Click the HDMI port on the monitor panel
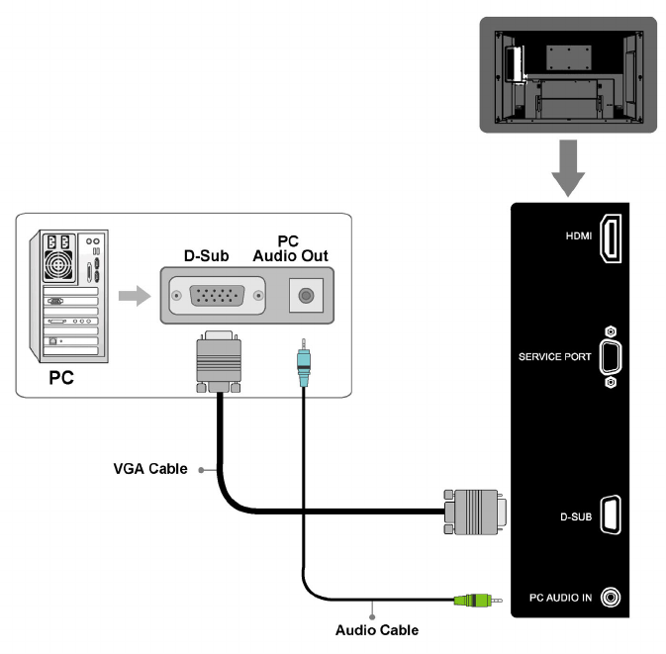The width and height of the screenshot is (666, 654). (x=612, y=239)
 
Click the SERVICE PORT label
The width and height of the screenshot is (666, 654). (x=554, y=356)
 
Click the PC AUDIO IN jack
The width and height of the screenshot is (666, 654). (x=614, y=598)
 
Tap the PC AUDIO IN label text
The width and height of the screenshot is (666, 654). (x=559, y=598)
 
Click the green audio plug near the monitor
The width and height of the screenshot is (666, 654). (x=471, y=599)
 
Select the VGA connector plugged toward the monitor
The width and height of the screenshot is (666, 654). (x=475, y=512)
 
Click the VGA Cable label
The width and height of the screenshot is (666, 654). (x=149, y=469)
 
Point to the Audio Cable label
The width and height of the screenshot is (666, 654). (x=377, y=630)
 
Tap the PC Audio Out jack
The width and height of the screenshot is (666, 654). (x=306, y=295)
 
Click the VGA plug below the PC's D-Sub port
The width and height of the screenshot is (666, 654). (x=218, y=361)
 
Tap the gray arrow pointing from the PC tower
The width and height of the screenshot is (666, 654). (x=131, y=295)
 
